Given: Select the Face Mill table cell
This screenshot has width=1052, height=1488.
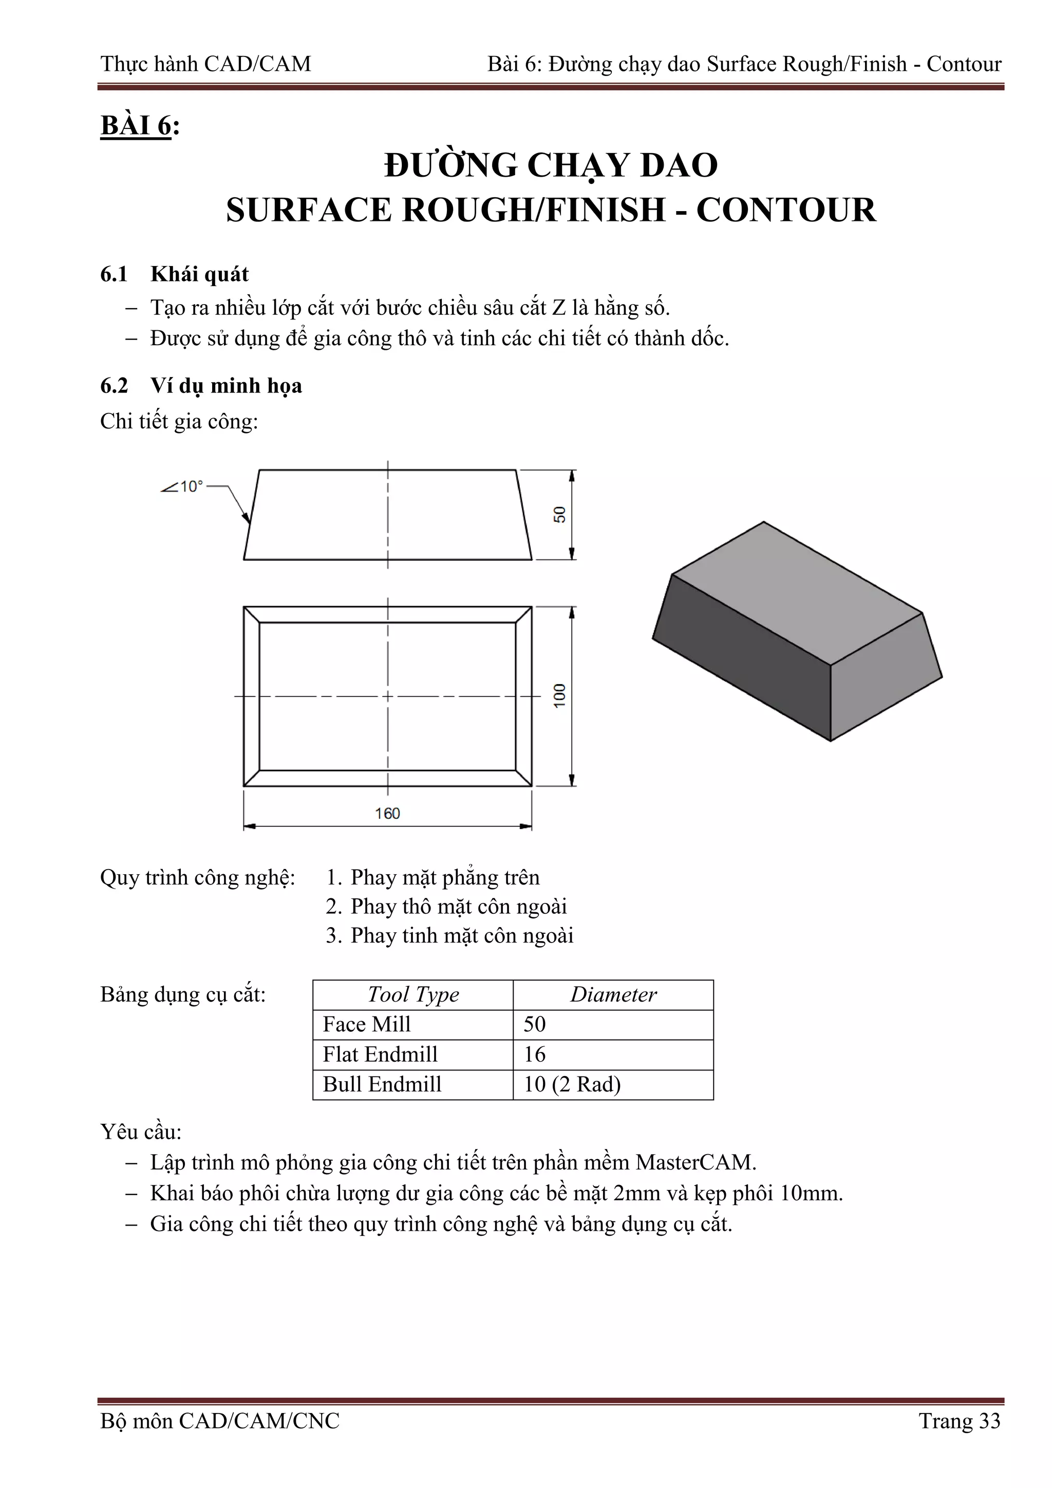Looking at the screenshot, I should (367, 1024).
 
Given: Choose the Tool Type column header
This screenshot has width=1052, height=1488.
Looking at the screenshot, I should (413, 994).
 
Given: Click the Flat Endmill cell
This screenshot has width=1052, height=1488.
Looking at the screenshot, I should (381, 1054).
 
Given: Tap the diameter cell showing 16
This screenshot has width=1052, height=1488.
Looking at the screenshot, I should (535, 1054).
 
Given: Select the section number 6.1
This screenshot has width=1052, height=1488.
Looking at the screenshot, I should (114, 274).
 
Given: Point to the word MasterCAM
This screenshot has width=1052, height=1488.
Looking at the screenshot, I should (695, 1162).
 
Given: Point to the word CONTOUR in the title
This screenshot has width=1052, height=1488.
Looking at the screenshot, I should (785, 210).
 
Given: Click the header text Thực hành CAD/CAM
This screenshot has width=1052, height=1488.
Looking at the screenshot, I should (206, 64).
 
